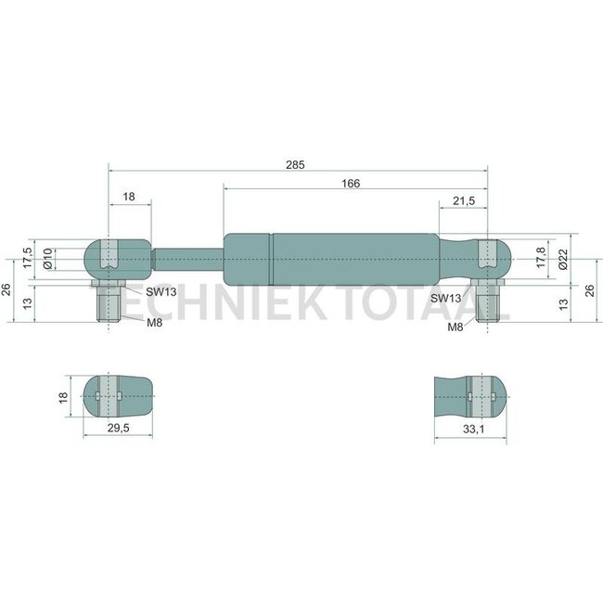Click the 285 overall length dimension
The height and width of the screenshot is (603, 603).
295,165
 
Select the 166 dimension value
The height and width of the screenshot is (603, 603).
351,184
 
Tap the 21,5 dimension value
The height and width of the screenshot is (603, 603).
464,200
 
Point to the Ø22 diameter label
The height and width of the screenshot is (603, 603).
563,259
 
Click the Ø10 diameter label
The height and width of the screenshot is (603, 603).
47,259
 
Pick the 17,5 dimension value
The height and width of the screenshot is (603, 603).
27,258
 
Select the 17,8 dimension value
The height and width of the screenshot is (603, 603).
541,258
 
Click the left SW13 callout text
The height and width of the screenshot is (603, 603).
161,292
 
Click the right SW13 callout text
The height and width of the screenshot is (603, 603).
445,298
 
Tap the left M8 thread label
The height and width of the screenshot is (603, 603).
155,323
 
